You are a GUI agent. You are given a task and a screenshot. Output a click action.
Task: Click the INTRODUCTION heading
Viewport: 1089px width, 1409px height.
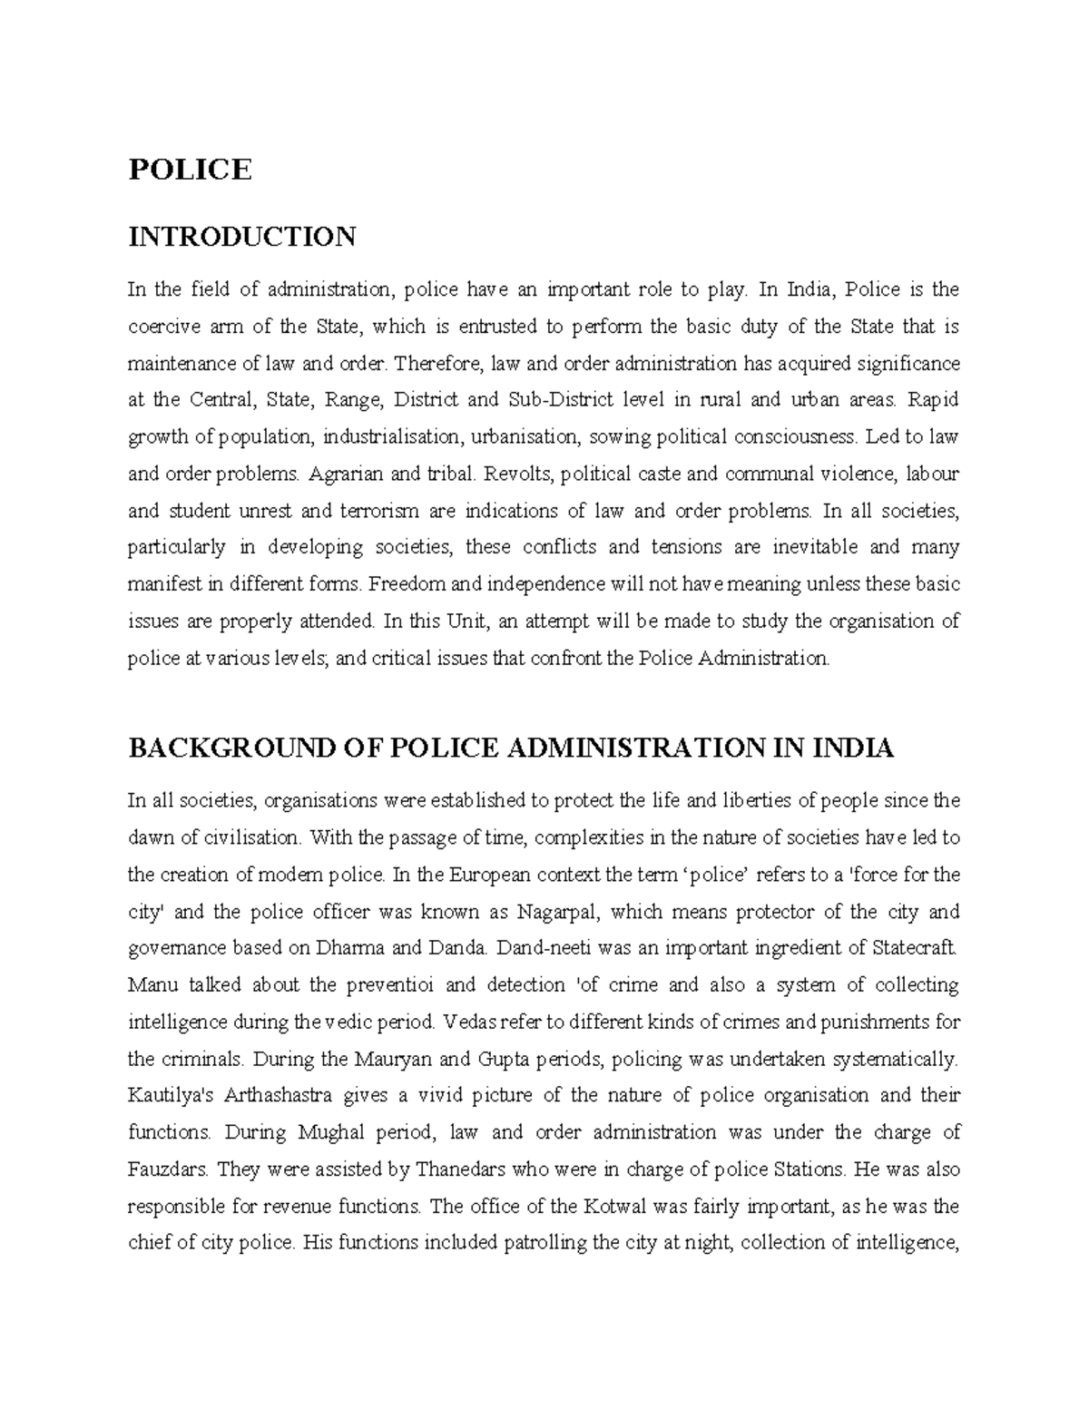tap(241, 238)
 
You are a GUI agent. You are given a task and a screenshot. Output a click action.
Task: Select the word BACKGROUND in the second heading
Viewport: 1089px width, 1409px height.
tap(211, 749)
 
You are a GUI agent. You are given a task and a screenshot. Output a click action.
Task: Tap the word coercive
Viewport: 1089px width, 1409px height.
tap(160, 327)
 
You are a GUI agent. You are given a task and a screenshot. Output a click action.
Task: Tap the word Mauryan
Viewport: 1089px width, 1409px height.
tap(392, 1059)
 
